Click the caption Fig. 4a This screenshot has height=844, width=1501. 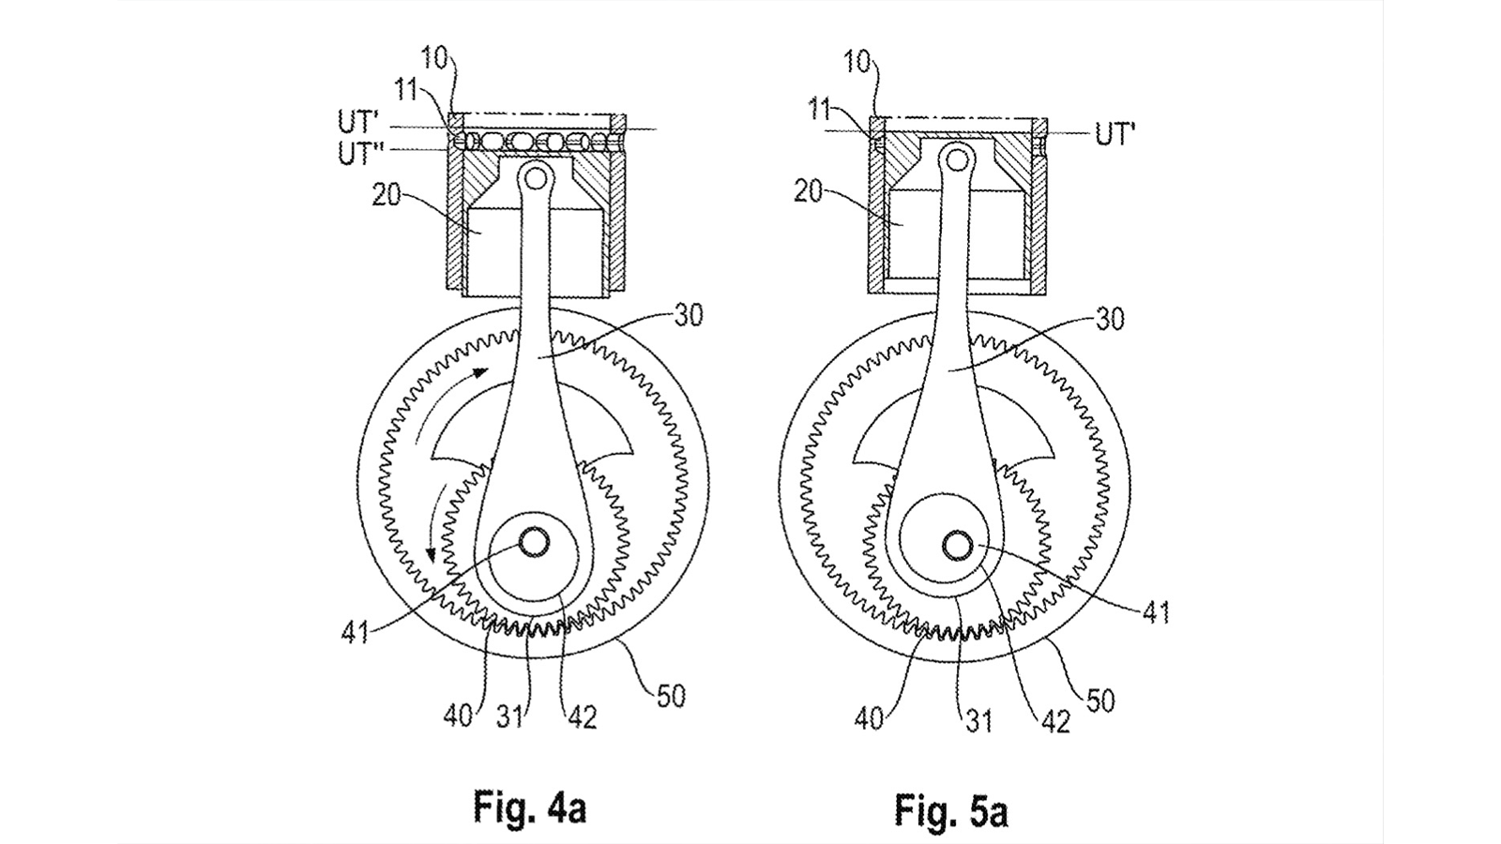point(530,808)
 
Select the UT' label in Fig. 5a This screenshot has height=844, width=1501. point(1114,134)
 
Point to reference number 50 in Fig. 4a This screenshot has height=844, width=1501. point(672,697)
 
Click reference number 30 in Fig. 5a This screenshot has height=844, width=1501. point(1110,320)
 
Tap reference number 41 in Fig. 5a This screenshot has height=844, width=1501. point(1156,613)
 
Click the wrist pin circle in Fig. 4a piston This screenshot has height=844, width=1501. point(536,175)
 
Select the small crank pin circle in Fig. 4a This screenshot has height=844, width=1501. point(536,541)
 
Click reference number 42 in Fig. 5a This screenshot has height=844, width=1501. point(1056,720)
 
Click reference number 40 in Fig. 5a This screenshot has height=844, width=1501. point(870,720)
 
